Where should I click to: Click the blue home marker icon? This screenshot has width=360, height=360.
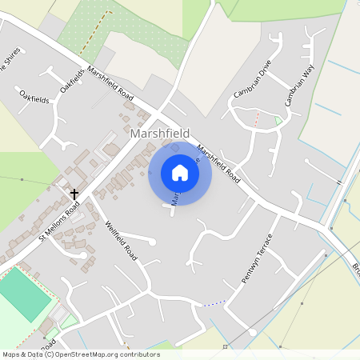click(180, 173)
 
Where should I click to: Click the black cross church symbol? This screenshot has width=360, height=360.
click(74, 194)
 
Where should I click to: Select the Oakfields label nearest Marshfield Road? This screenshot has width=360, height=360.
click(72, 80)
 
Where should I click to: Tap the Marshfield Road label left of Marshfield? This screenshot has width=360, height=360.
click(110, 81)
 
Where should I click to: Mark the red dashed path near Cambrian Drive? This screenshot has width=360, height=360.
click(257, 118)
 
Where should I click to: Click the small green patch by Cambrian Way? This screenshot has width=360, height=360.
click(278, 121)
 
